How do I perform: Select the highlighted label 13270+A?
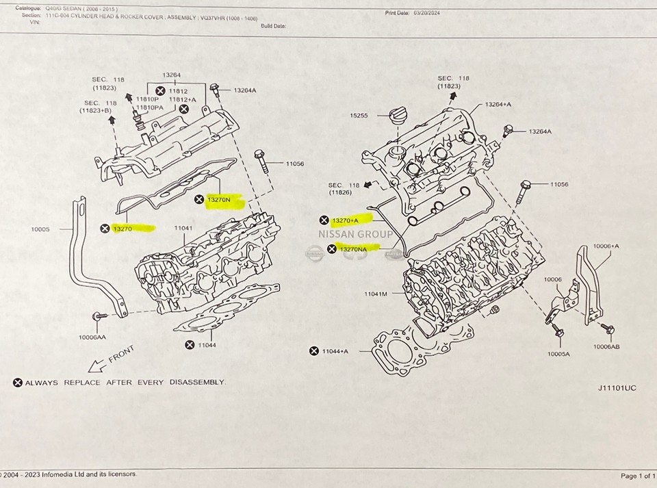350,220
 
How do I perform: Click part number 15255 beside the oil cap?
358,116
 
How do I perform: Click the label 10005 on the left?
40,230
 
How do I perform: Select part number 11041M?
375,294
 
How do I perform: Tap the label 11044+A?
335,351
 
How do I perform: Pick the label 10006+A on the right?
606,246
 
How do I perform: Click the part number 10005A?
559,354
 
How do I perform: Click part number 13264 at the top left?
172,75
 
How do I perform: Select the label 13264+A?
499,104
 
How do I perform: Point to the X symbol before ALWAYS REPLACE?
18,382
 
